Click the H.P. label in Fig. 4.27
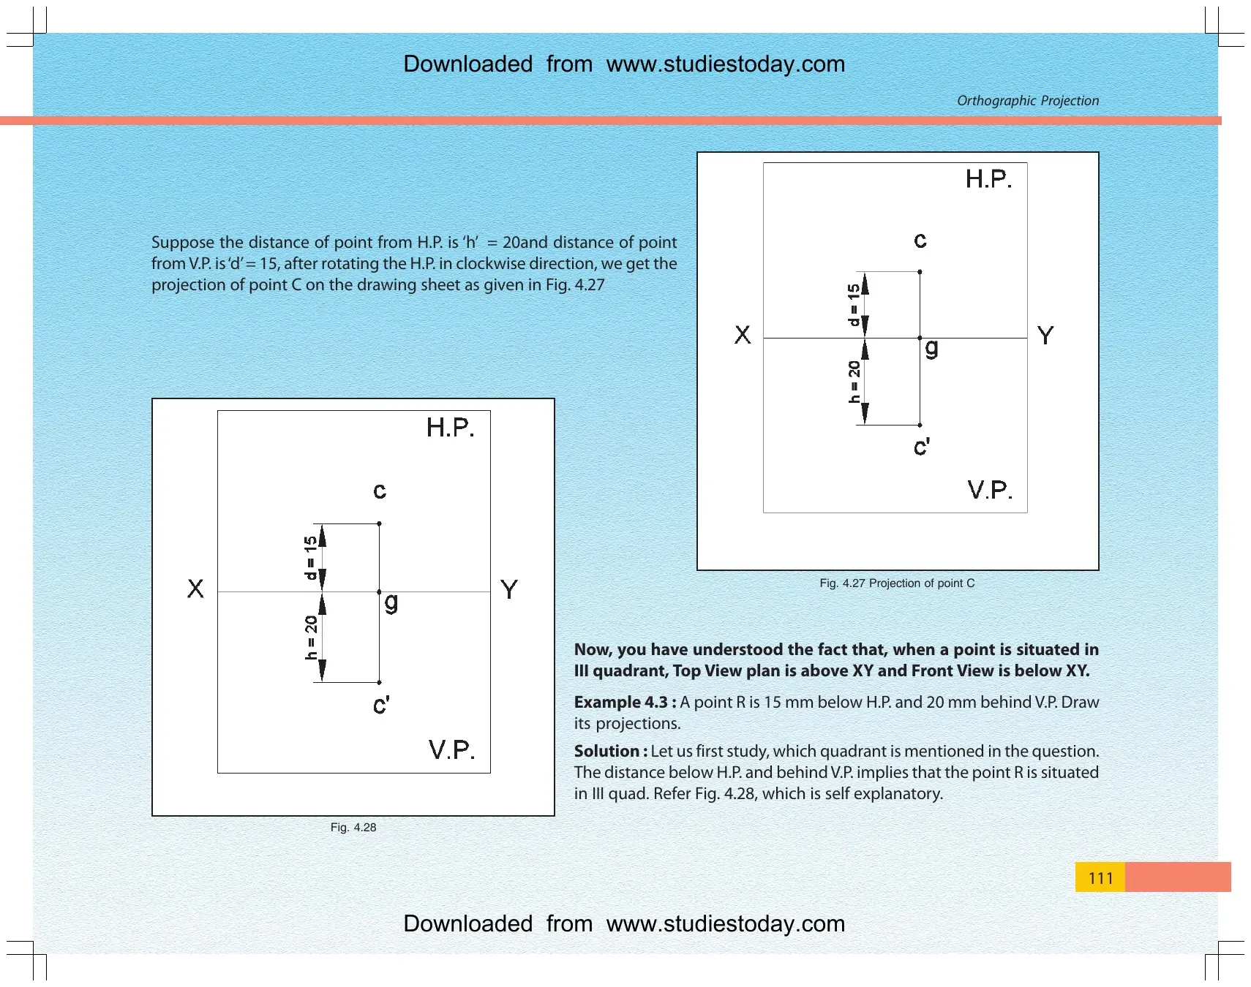988,179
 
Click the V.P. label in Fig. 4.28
452,749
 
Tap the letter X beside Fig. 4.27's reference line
743,335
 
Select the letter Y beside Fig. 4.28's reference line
509,589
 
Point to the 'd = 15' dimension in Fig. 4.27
854,304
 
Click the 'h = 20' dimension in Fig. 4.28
312,637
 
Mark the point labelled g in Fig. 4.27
920,338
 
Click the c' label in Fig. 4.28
381,705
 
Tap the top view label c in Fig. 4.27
920,241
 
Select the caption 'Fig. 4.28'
353,827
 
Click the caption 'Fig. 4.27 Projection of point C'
897,583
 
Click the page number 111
1100,877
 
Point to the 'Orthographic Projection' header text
1028,100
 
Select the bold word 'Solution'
606,751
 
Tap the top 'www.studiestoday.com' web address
726,64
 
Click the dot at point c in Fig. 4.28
379,523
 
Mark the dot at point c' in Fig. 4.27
920,425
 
